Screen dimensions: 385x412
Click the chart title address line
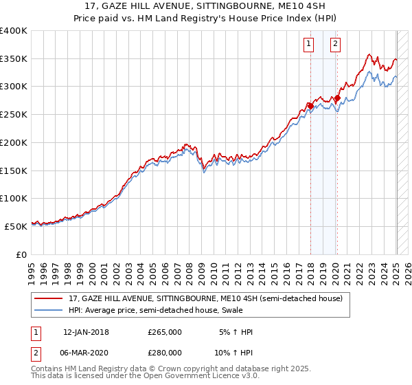(x=205, y=7)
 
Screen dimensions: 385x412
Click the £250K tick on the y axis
(x=14, y=114)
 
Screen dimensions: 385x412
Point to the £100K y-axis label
(x=14, y=198)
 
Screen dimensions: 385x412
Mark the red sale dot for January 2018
(x=310, y=106)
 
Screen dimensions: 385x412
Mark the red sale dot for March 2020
(x=337, y=98)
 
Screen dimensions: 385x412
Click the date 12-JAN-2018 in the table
(x=85, y=332)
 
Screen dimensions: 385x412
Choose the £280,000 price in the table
(x=165, y=351)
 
